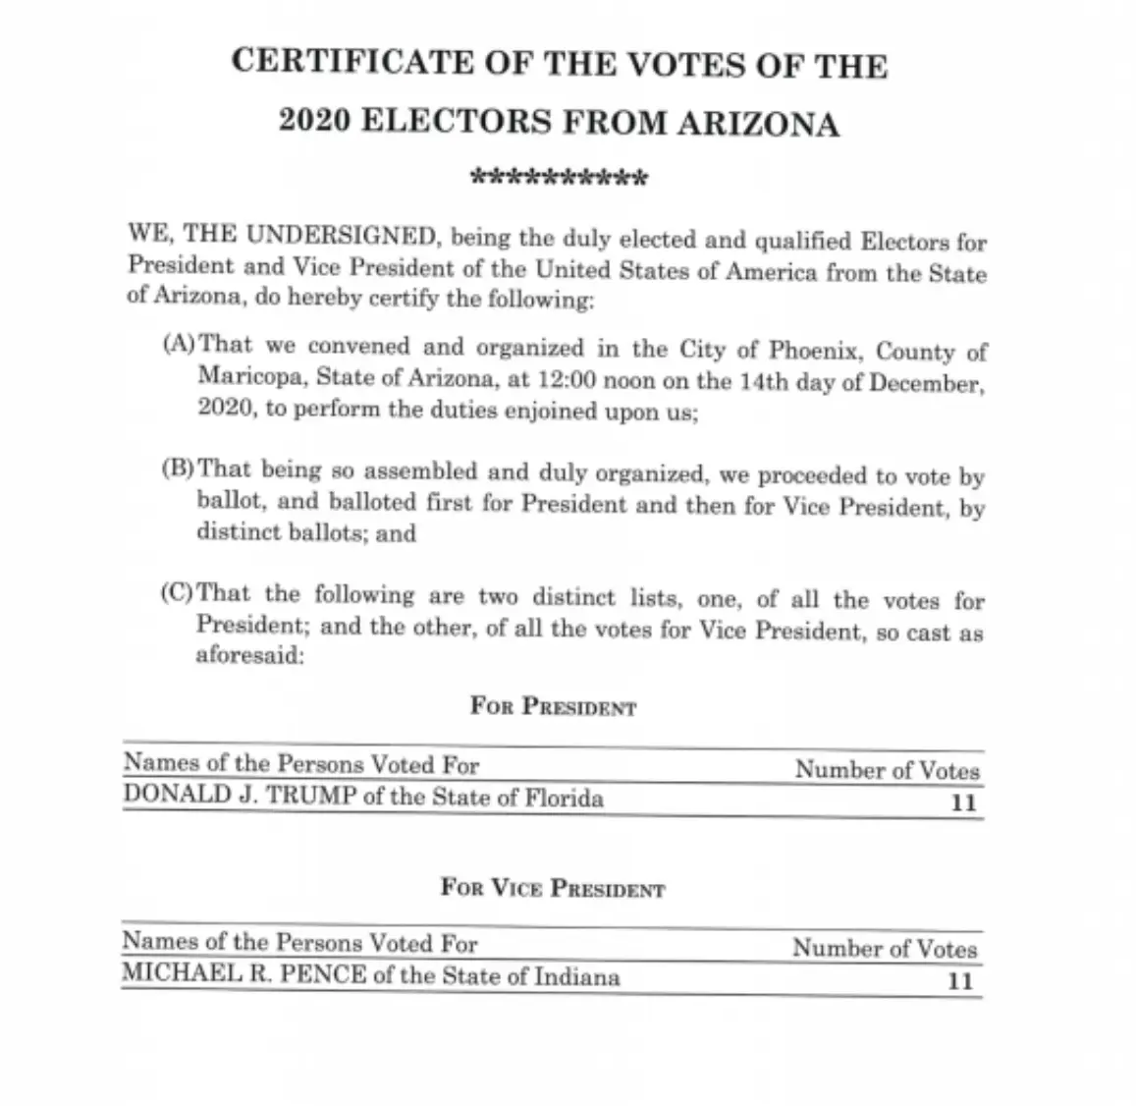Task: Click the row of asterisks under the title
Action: click(x=559, y=179)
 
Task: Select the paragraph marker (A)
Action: click(x=180, y=344)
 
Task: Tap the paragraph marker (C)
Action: click(x=179, y=593)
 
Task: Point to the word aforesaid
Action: click(x=250, y=655)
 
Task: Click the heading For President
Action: click(x=553, y=707)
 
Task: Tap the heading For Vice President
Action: click(x=553, y=889)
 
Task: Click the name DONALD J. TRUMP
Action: click(x=240, y=796)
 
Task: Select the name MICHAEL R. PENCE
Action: click(x=242, y=973)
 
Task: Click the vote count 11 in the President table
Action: click(x=963, y=802)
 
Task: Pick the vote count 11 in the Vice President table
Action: click(x=960, y=980)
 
